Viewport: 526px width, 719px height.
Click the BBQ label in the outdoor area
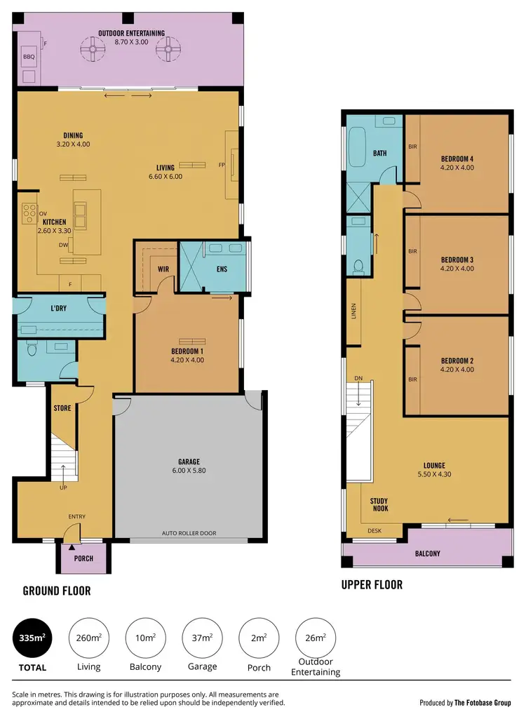(29, 57)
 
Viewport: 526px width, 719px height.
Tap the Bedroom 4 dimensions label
(457, 168)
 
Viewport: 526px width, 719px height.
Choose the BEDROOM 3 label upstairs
(457, 260)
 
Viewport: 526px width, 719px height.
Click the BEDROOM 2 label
(457, 361)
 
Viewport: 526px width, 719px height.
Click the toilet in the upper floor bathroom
(359, 266)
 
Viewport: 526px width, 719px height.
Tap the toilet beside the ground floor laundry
(31, 349)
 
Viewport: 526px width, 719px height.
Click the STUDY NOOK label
(379, 504)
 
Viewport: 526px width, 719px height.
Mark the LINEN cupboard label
(354, 311)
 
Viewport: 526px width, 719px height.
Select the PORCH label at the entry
(83, 559)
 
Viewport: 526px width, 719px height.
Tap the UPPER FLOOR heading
(372, 584)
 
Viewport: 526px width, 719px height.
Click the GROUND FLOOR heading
(57, 591)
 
